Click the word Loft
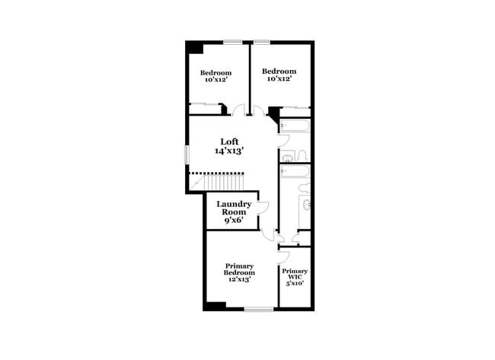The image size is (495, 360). coord(230,142)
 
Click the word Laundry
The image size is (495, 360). coord(234,204)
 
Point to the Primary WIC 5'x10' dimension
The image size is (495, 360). coord(295,283)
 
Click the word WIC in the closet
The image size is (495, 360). coord(295,277)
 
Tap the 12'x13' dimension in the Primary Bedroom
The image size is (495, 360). coord(239,279)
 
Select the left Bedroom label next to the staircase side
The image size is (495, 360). coord(216,73)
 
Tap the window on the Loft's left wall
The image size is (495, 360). coord(187,152)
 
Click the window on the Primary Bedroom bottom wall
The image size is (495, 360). coord(259,308)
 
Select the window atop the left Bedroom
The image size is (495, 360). coord(233,42)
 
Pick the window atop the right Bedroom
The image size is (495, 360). coord(263,42)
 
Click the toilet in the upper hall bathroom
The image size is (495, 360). coord(301,156)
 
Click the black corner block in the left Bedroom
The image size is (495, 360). coord(195,48)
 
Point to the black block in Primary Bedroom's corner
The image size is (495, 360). coord(216,305)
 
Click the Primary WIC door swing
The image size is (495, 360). coord(283,256)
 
